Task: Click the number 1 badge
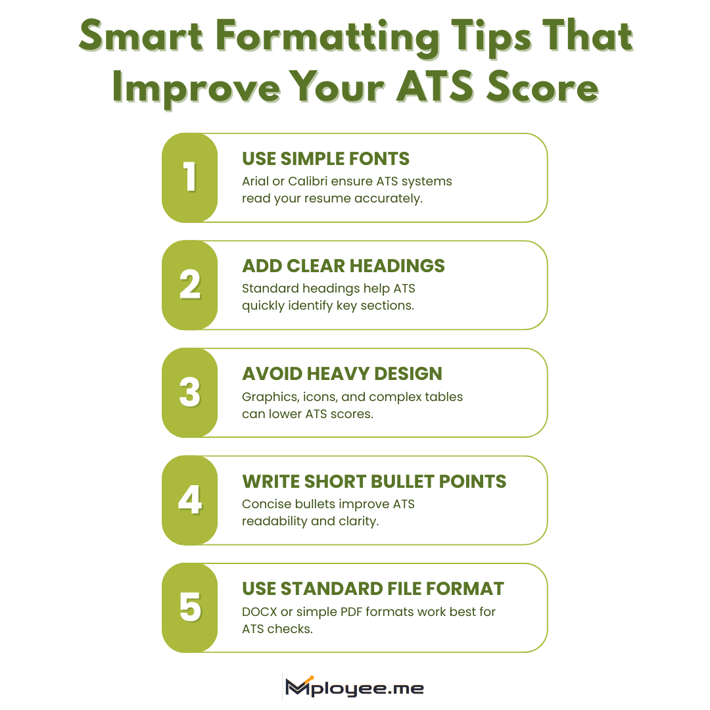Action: click(190, 177)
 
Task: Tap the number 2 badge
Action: click(190, 285)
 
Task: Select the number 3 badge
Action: click(190, 392)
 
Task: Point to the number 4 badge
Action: click(190, 500)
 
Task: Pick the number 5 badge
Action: click(190, 607)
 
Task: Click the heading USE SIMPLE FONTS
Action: click(325, 159)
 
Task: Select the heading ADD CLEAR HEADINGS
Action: click(343, 266)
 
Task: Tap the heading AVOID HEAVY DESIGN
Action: click(342, 374)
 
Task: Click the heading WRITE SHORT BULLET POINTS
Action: click(374, 481)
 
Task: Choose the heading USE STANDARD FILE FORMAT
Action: click(373, 588)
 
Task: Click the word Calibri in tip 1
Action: click(308, 181)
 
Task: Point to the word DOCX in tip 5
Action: click(260, 612)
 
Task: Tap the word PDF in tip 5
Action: click(351, 612)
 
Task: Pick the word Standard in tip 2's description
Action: click(270, 289)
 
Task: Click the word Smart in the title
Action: click(141, 36)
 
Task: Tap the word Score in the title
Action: click(542, 86)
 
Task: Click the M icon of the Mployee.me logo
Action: click(299, 686)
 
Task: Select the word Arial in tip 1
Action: click(255, 181)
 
